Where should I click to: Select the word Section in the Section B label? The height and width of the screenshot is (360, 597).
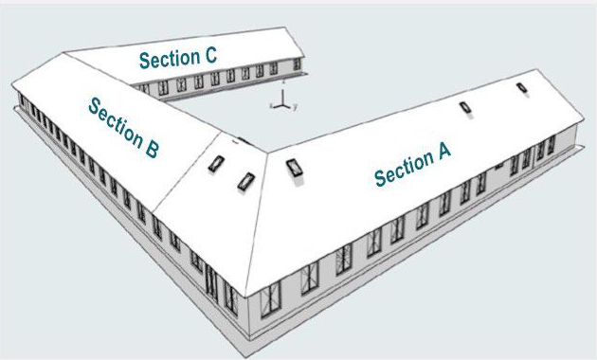[116, 121]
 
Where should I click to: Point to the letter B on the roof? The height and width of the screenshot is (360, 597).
[152, 150]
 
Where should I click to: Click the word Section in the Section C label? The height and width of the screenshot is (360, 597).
[170, 59]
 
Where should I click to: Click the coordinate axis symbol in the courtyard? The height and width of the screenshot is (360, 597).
[282, 100]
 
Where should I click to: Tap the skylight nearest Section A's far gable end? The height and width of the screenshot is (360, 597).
[522, 88]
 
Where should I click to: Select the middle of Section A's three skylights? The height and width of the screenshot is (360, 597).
[465, 107]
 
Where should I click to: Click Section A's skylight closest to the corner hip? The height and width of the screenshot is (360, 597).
[295, 168]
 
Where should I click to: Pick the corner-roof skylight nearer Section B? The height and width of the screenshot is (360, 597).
[216, 164]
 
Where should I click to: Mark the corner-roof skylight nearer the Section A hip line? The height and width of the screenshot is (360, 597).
[246, 181]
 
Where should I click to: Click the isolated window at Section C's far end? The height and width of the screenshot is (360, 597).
[297, 63]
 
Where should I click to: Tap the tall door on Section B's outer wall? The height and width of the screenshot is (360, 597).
[210, 282]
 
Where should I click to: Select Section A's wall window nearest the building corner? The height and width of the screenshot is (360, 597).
[271, 299]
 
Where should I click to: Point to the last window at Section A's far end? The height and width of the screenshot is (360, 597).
[551, 145]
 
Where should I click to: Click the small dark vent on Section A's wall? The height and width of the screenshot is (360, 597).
[498, 167]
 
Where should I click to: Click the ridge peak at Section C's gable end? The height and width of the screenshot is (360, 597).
[285, 27]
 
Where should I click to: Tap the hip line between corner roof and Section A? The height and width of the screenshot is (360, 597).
[257, 225]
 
